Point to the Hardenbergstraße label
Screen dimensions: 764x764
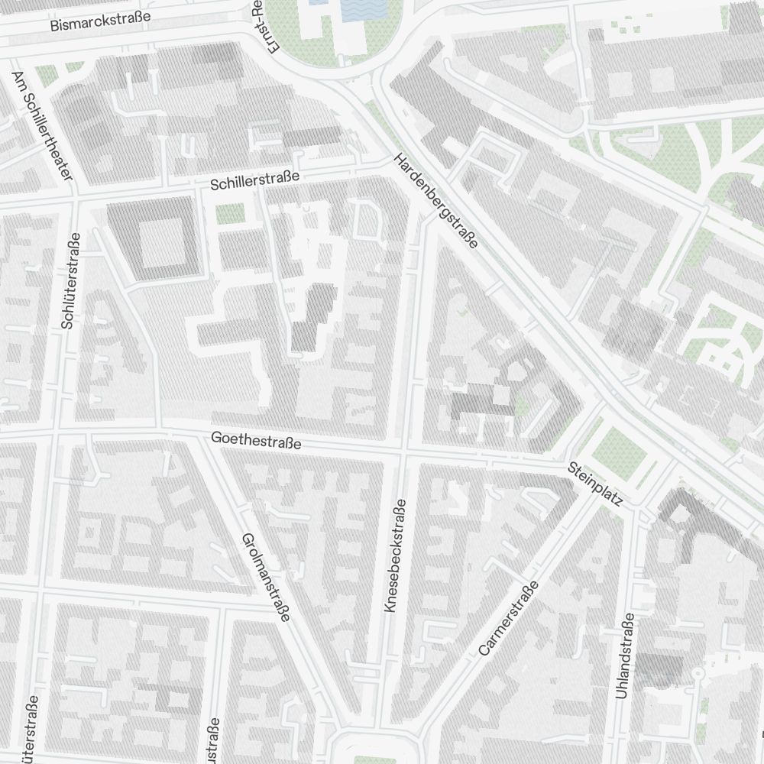click(x=435, y=201)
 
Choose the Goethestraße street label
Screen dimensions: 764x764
click(x=256, y=440)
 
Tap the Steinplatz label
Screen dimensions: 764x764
click(x=596, y=485)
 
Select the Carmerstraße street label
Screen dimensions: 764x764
click(x=508, y=618)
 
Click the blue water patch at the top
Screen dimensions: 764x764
click(x=363, y=9)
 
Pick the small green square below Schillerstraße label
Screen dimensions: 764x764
click(x=229, y=215)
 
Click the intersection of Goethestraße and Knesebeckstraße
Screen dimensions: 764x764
click(x=402, y=451)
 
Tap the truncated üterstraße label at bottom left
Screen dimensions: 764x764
click(x=31, y=730)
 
